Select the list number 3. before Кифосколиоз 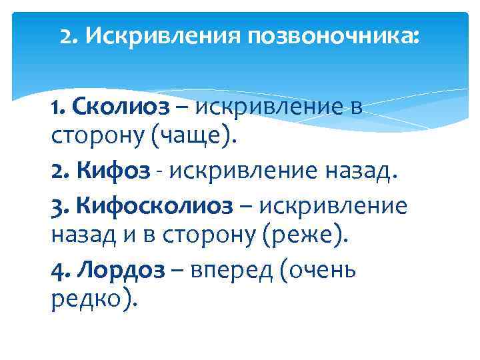(60, 206)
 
